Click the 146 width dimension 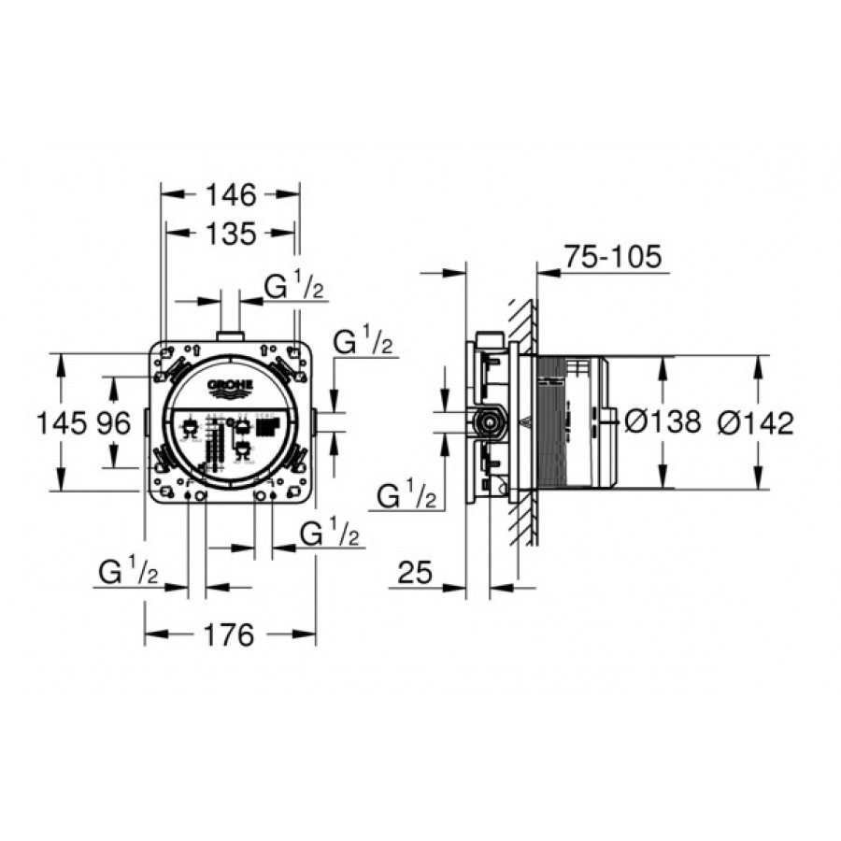232,195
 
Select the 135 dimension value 232,234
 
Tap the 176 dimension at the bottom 229,635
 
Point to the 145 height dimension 61,422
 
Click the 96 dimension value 114,422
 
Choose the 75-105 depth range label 613,256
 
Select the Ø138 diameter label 663,421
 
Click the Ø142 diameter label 756,422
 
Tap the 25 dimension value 415,572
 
